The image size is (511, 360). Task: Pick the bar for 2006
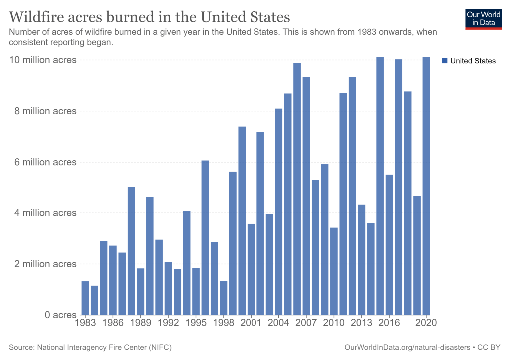(x=297, y=189)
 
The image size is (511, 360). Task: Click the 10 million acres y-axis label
(x=43, y=60)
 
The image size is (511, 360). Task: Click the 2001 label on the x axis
(x=251, y=323)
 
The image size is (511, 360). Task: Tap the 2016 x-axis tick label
(x=389, y=323)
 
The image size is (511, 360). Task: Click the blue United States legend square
(x=445, y=61)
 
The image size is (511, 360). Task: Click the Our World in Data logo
(x=483, y=18)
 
